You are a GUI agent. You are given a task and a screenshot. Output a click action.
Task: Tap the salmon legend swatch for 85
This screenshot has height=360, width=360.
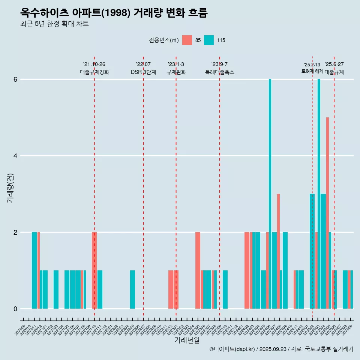pos(187,40)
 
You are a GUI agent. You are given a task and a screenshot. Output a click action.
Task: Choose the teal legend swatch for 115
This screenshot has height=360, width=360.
pos(209,40)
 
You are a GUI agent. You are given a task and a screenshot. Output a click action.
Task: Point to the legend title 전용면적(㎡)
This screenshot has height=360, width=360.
pos(163,40)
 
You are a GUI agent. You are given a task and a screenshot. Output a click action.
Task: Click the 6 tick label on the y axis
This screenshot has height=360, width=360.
pos(15,79)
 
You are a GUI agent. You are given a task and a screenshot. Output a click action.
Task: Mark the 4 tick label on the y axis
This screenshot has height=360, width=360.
pos(15,156)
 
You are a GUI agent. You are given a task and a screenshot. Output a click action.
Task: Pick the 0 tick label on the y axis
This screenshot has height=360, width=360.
pos(15,309)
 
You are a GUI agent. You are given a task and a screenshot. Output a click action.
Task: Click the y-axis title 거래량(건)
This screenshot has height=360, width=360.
pos(10,187)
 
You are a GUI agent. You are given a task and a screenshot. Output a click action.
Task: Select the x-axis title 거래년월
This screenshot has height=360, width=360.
pos(187,340)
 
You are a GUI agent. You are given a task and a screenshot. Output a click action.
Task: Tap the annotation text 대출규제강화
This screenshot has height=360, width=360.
pos(94,72)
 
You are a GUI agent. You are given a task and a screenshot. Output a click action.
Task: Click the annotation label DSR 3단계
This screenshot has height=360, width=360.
pos(143,72)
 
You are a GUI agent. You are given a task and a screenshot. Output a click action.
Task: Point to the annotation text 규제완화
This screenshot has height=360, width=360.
pos(176,72)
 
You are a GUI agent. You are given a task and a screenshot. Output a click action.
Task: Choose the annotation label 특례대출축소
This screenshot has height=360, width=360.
pos(220,72)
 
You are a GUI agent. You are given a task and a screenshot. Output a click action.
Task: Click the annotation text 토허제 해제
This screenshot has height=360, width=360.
pos(312,71)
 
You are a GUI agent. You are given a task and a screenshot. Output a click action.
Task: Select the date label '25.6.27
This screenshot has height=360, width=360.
pos(334,64)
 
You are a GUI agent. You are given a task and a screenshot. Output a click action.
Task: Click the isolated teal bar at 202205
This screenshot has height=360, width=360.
pos(132,289)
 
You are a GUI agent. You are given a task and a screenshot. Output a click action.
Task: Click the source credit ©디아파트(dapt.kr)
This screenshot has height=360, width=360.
pos(232,349)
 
